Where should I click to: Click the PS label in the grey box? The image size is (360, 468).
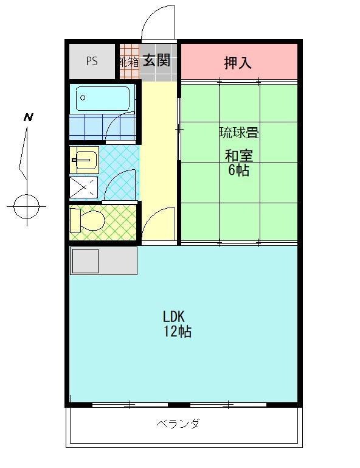(x=92, y=61)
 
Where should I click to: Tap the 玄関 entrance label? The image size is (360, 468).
(x=156, y=60)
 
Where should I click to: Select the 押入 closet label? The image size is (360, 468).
(x=238, y=62)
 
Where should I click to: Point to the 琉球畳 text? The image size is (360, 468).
(x=239, y=133)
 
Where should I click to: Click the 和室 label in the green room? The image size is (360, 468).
(x=239, y=155)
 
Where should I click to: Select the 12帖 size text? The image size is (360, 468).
(x=177, y=332)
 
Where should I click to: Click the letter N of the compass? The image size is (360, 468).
(x=28, y=117)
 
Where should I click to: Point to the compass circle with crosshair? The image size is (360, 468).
(x=26, y=206)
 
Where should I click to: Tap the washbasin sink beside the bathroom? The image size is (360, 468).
(x=84, y=160)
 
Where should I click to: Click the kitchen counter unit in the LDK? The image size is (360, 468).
(x=103, y=260)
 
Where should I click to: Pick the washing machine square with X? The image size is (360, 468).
(x=84, y=187)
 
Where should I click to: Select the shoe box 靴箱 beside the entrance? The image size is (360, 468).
(x=129, y=61)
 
